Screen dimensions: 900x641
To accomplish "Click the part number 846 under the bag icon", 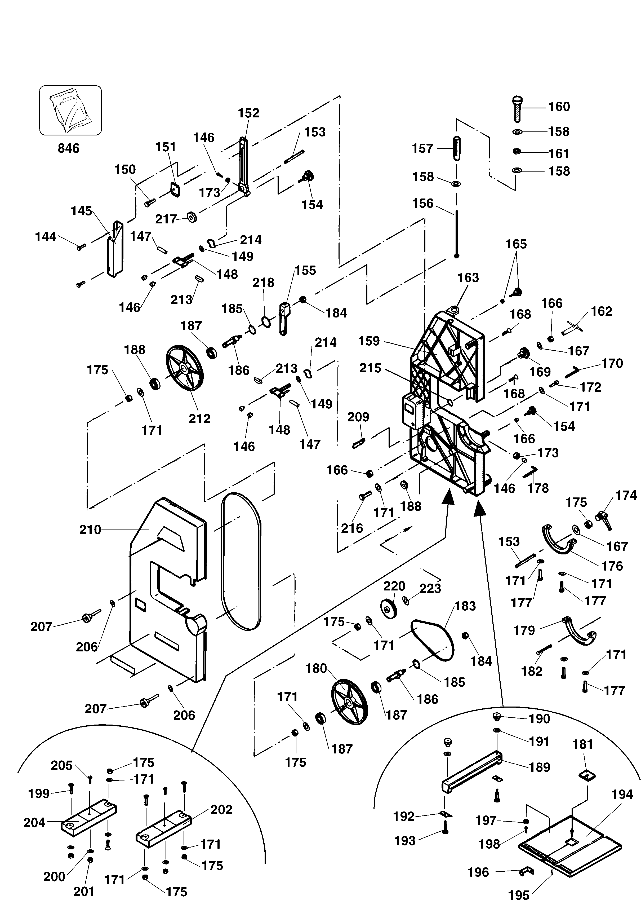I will [x=68, y=148].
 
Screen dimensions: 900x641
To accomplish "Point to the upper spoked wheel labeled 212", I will [x=184, y=368].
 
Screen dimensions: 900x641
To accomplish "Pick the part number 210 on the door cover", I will [x=90, y=530].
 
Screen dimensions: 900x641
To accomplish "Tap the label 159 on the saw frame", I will [x=369, y=341].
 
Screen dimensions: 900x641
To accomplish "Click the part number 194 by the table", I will [x=622, y=795].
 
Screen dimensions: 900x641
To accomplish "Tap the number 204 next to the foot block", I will [x=34, y=823].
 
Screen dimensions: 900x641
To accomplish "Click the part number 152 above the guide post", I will [x=248, y=113].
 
